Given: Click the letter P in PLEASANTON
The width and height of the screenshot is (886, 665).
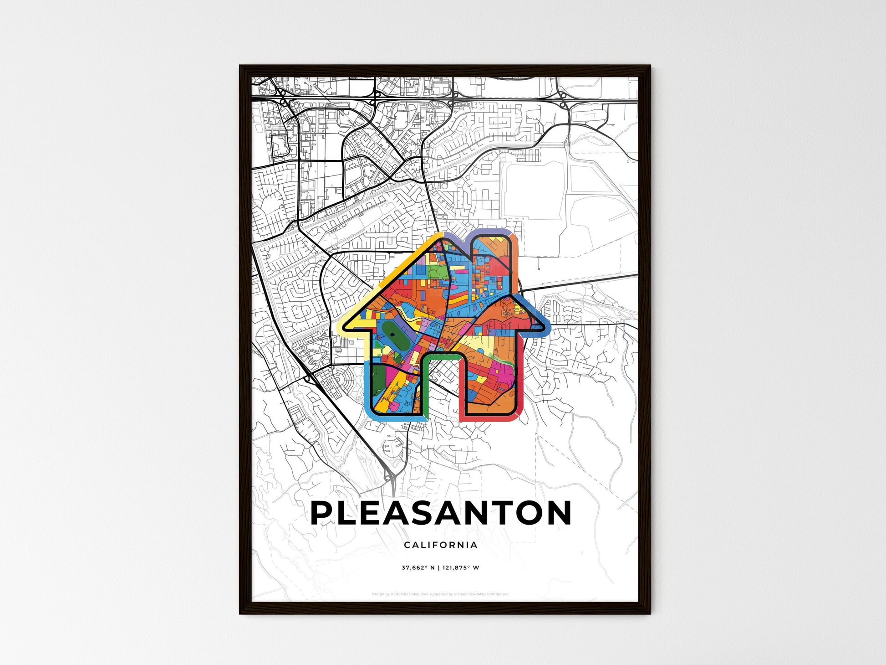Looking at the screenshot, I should pyautogui.click(x=323, y=513).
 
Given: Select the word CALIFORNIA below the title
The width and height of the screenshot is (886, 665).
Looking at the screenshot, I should pyautogui.click(x=440, y=545).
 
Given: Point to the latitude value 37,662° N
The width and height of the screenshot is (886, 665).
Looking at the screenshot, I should pyautogui.click(x=418, y=568).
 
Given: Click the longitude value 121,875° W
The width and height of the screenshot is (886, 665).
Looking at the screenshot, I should pyautogui.click(x=461, y=568).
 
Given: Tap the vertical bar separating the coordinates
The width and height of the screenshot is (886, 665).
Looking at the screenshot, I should pyautogui.click(x=438, y=568).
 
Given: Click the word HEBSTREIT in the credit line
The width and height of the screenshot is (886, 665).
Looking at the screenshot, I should pyautogui.click(x=401, y=594).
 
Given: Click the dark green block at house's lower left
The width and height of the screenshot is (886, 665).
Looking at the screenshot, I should pyautogui.click(x=379, y=378).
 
